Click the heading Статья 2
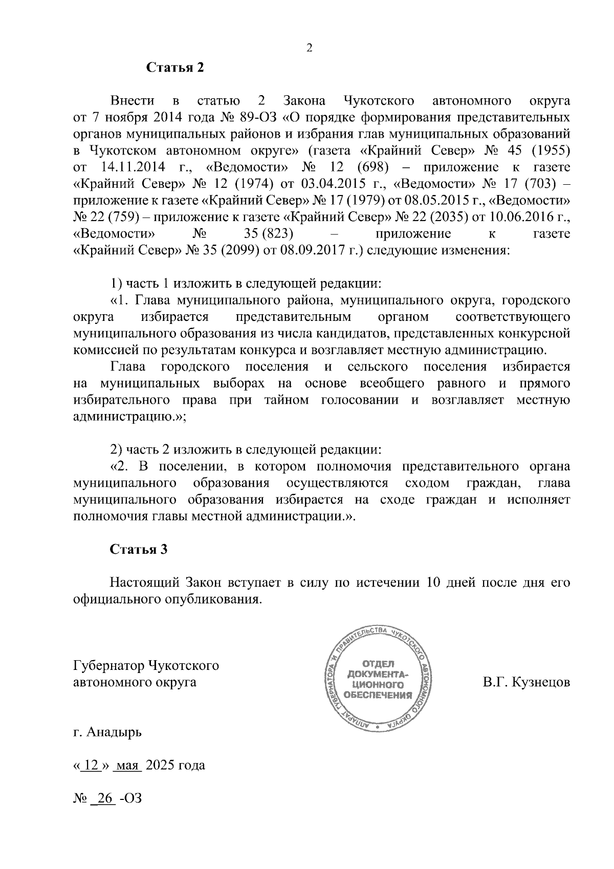(175, 68)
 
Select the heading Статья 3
(139, 550)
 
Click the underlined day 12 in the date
(91, 766)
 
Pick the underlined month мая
(128, 766)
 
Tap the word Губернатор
(109, 666)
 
